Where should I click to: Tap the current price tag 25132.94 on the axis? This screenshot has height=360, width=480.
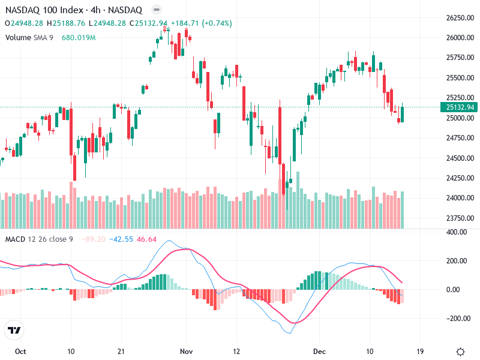pos(460,107)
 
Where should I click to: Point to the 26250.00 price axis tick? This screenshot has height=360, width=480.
pos(460,18)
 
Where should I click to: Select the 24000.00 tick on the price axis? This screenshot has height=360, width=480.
pos(460,198)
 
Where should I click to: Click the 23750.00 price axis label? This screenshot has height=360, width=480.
pos(460,218)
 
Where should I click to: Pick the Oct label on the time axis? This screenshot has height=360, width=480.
pos(20,352)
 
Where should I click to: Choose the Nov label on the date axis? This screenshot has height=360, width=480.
pos(187,352)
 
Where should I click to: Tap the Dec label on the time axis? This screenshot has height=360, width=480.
pos(319,352)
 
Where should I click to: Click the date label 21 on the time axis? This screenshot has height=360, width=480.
pos(121,352)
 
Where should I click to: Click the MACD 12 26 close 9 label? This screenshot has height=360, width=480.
pos(39,239)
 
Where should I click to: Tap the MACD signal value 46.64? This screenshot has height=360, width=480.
pos(147,239)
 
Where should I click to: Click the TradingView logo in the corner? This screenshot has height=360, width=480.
pos(14,331)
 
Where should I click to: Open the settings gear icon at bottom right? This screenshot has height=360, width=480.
pos(460,352)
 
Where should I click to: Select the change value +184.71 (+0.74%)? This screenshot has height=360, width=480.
pos(202,23)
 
